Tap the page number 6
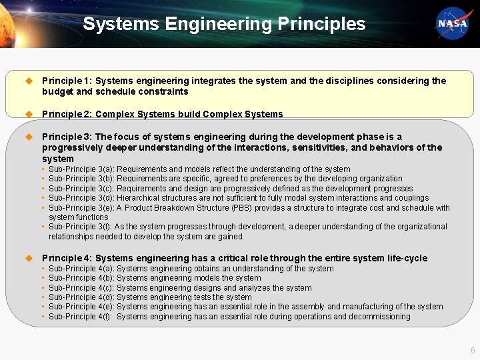click(472, 350)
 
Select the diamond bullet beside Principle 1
click(29, 81)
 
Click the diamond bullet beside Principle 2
click(29, 114)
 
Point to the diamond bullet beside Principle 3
click(29, 137)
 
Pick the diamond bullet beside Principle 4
click(29, 258)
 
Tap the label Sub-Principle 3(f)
click(81, 227)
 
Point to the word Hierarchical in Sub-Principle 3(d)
click(138, 198)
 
